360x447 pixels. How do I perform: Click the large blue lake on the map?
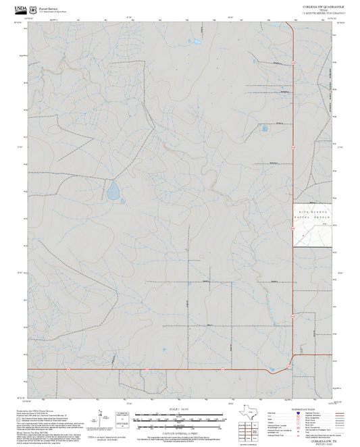pos(113,191)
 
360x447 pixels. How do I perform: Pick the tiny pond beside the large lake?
pos(124,200)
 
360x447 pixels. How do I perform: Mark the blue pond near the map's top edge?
pos(197,41)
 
